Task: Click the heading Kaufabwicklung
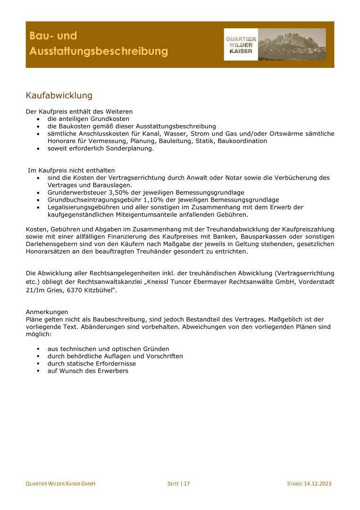[x=59, y=96]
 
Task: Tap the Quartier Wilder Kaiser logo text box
[x=241, y=45]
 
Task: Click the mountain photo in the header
[x=292, y=44]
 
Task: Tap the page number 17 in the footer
[x=187, y=484]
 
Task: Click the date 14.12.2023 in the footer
[x=318, y=484]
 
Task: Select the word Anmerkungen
[x=47, y=312]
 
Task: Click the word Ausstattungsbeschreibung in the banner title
[x=99, y=51]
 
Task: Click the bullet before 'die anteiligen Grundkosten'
[x=38, y=119]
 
